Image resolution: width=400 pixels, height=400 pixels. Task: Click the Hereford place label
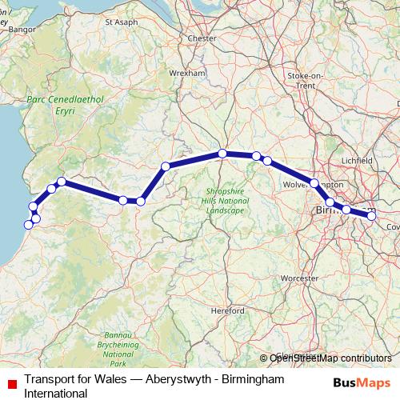pos(229,310)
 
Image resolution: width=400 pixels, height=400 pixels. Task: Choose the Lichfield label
pos(357,161)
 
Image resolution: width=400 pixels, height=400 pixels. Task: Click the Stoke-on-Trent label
pos(305,79)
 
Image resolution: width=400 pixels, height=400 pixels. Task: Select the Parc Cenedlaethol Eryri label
pos(54,108)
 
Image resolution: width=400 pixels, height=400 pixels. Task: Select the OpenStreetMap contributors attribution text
pos(330,358)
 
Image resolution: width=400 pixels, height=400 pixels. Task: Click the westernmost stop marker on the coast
pos(28,224)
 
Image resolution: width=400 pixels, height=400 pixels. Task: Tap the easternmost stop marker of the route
pos(371,214)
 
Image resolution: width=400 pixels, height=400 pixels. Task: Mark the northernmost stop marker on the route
pos(223,153)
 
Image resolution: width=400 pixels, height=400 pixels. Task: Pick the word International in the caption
pos(56,394)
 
